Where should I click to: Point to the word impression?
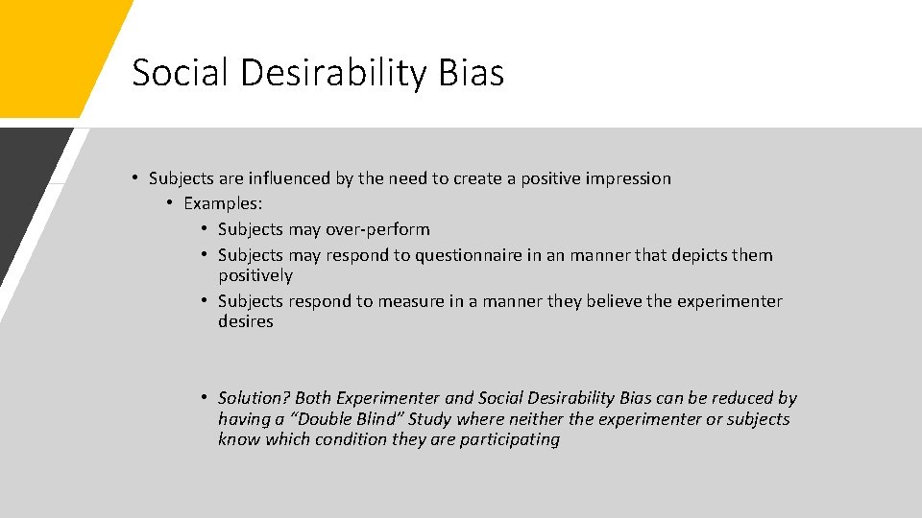click(x=625, y=178)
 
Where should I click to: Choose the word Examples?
click(x=223, y=203)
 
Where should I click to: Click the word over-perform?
click(x=378, y=229)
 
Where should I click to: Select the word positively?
click(x=255, y=275)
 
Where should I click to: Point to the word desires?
click(x=245, y=321)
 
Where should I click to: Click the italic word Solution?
click(x=254, y=398)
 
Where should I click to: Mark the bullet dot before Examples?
click(x=168, y=203)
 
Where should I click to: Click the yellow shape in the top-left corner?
click(x=48, y=48)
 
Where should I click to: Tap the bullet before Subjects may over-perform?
click(x=206, y=229)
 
